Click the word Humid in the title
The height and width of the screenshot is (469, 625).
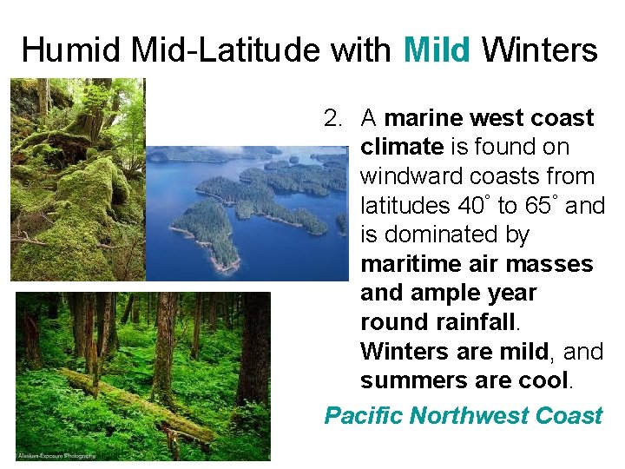[72, 50]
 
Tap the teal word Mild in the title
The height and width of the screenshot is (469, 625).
[438, 50]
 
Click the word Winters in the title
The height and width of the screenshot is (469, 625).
[539, 50]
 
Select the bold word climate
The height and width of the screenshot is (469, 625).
[401, 148]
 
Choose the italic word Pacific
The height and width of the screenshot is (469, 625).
[363, 416]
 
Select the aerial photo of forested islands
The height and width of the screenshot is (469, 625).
[247, 213]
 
